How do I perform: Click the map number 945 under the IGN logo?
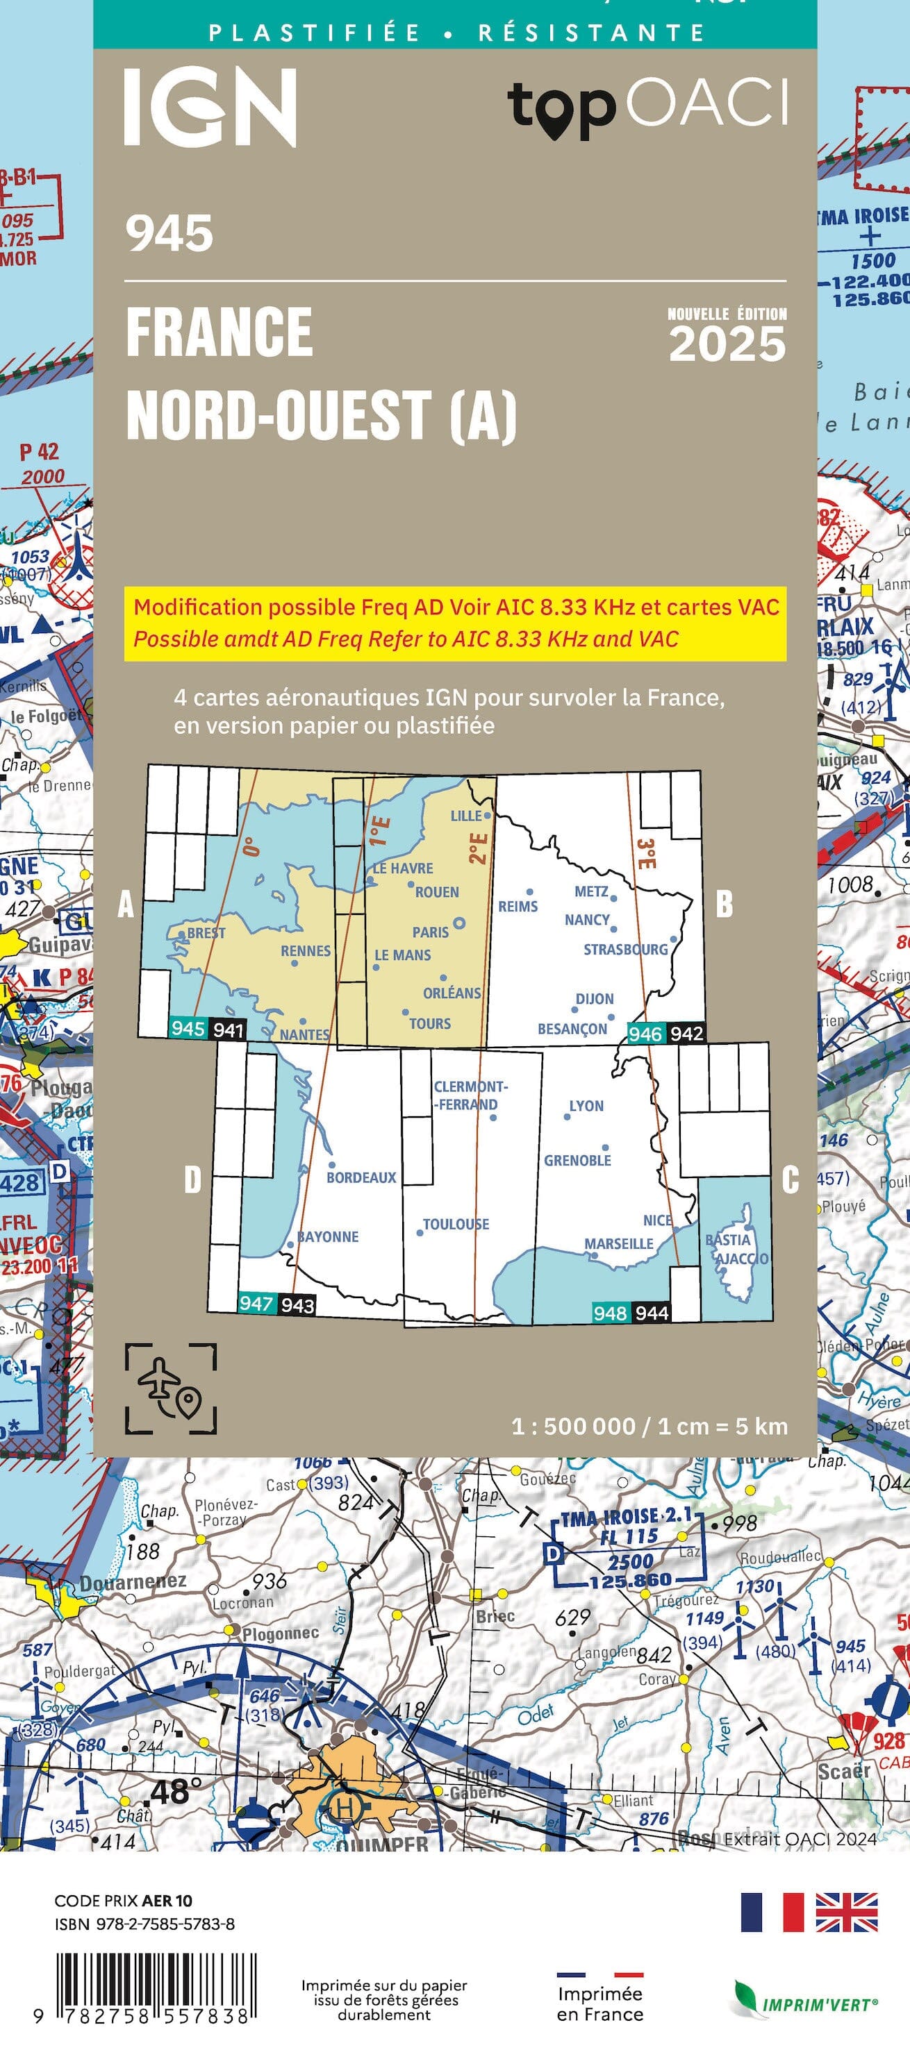coord(169,234)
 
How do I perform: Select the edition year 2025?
coord(727,344)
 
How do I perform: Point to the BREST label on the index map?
coord(206,933)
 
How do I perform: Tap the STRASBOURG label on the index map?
coord(625,950)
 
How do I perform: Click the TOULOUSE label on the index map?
coord(456,1224)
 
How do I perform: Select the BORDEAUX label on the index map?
coord(361,1177)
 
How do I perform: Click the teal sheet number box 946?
coord(645,1034)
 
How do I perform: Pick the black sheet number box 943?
coord(297,1305)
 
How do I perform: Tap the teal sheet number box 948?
coord(610,1313)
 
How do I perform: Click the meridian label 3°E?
coord(645,854)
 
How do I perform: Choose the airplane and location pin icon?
coord(170,1388)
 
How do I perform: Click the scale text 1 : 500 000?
coord(573,1426)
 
